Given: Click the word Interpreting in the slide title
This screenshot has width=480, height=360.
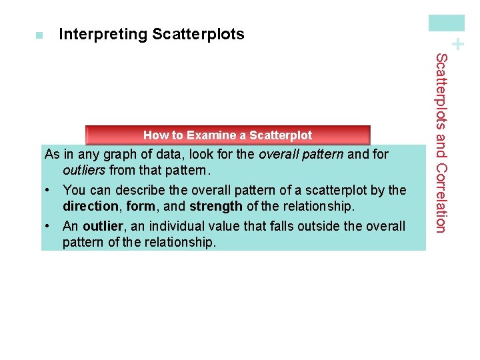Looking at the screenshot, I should [103, 35].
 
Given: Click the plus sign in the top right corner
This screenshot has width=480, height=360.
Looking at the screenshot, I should [457, 45].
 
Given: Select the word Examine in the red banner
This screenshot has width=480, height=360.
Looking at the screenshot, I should [208, 135].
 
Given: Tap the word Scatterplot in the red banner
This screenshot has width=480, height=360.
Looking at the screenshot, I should [281, 135].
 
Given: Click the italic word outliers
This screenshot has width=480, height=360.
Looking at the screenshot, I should [85, 170].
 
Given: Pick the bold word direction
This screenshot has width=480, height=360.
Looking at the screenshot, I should [89, 206].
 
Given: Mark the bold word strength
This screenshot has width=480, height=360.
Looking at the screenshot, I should [216, 206].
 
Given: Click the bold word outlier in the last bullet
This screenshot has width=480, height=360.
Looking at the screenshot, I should [103, 226].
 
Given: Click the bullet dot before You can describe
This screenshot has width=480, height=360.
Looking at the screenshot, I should [49, 191].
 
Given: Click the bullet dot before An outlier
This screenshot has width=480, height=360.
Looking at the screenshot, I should [49, 226].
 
